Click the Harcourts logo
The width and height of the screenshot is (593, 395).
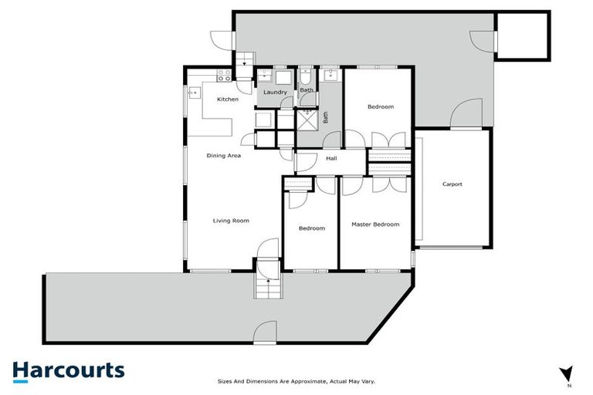(68, 370)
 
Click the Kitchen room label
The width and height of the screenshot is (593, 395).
(227, 100)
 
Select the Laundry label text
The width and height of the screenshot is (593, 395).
(275, 93)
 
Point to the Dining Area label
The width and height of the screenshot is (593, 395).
(224, 156)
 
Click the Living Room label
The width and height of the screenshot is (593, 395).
(231, 221)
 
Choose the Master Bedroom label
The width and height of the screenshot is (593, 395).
(375, 225)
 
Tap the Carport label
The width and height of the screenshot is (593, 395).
(452, 184)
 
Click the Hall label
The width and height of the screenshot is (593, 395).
(331, 159)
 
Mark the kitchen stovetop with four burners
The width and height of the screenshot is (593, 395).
(224, 76)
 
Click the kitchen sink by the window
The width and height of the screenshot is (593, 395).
(193, 93)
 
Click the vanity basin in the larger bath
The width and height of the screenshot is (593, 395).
(331, 76)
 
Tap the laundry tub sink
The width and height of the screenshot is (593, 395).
(265, 76)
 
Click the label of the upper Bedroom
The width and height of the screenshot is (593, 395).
(380, 106)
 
